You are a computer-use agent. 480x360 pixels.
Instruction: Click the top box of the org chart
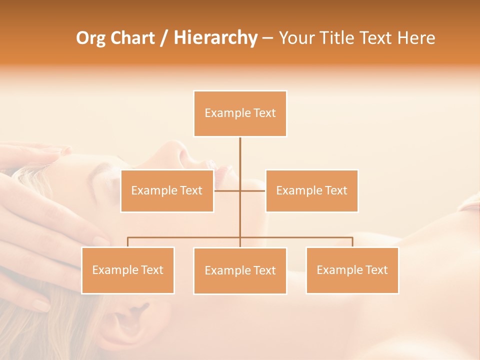pos(240,113)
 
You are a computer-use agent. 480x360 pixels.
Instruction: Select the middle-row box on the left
pos(167,190)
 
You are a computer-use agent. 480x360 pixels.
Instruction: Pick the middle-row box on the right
pos(311,190)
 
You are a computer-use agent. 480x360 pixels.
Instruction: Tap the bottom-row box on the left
pos(128,270)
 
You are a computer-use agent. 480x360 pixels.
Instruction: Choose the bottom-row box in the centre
pos(240,270)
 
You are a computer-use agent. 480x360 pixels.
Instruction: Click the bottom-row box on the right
pos(352,270)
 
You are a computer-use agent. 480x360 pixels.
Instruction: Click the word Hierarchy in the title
pos(215,38)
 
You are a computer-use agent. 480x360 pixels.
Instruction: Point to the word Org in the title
pos(91,38)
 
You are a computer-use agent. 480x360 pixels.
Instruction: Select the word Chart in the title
pos(132,38)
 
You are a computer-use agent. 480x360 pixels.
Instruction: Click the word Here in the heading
pos(416,38)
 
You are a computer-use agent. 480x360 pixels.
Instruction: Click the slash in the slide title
pos(164,38)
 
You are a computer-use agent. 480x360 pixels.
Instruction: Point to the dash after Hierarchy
pos(267,38)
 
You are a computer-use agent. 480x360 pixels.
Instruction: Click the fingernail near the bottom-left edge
pos(41,305)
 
